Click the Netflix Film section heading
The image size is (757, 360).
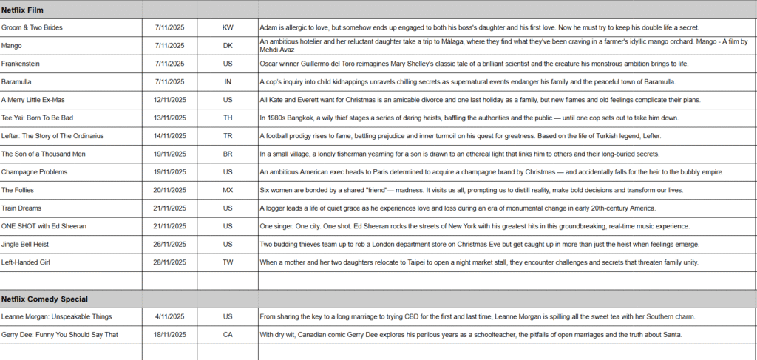click(x=26, y=10)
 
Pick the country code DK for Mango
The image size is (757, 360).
click(x=227, y=45)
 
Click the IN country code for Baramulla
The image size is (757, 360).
click(x=227, y=81)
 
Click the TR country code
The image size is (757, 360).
click(x=227, y=136)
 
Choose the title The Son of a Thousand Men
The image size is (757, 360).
click(x=44, y=154)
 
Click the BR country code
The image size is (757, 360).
click(x=227, y=154)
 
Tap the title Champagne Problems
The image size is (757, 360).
click(x=34, y=171)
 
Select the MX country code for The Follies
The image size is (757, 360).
click(x=227, y=190)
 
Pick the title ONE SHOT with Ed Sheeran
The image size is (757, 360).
click(x=44, y=226)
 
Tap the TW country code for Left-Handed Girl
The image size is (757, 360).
click(x=227, y=262)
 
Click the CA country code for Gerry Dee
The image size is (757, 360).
click(x=227, y=334)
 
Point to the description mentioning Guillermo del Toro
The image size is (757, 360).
click(x=473, y=64)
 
